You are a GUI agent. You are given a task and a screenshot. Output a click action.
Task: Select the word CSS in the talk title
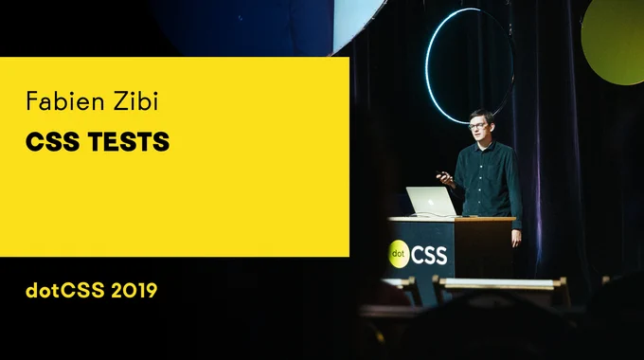point(52,142)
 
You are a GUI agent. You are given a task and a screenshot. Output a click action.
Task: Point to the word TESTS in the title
point(129,142)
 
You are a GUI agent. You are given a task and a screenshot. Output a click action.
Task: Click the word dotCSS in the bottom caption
point(65,290)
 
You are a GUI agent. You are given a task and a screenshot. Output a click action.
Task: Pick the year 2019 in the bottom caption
point(134,291)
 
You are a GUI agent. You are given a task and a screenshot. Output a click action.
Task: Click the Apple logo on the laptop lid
point(431,203)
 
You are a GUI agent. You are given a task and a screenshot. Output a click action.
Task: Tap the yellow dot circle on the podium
point(398,254)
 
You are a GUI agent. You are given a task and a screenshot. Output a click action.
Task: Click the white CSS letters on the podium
point(429,256)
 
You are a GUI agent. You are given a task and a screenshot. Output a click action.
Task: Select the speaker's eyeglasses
point(476,126)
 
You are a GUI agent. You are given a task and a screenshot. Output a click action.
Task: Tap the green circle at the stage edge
point(614,41)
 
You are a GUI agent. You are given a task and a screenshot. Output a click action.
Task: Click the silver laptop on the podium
point(431,202)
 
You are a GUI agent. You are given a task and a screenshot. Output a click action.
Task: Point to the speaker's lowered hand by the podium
point(516,238)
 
